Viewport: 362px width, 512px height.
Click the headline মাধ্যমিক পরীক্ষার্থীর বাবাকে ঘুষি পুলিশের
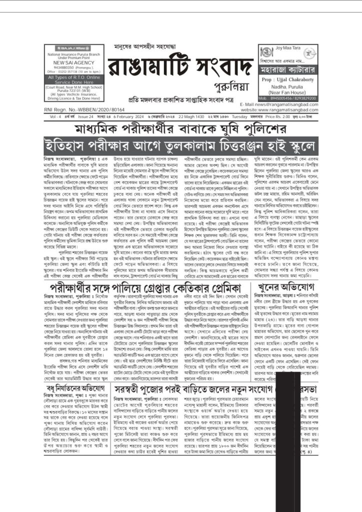tap(180, 129)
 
